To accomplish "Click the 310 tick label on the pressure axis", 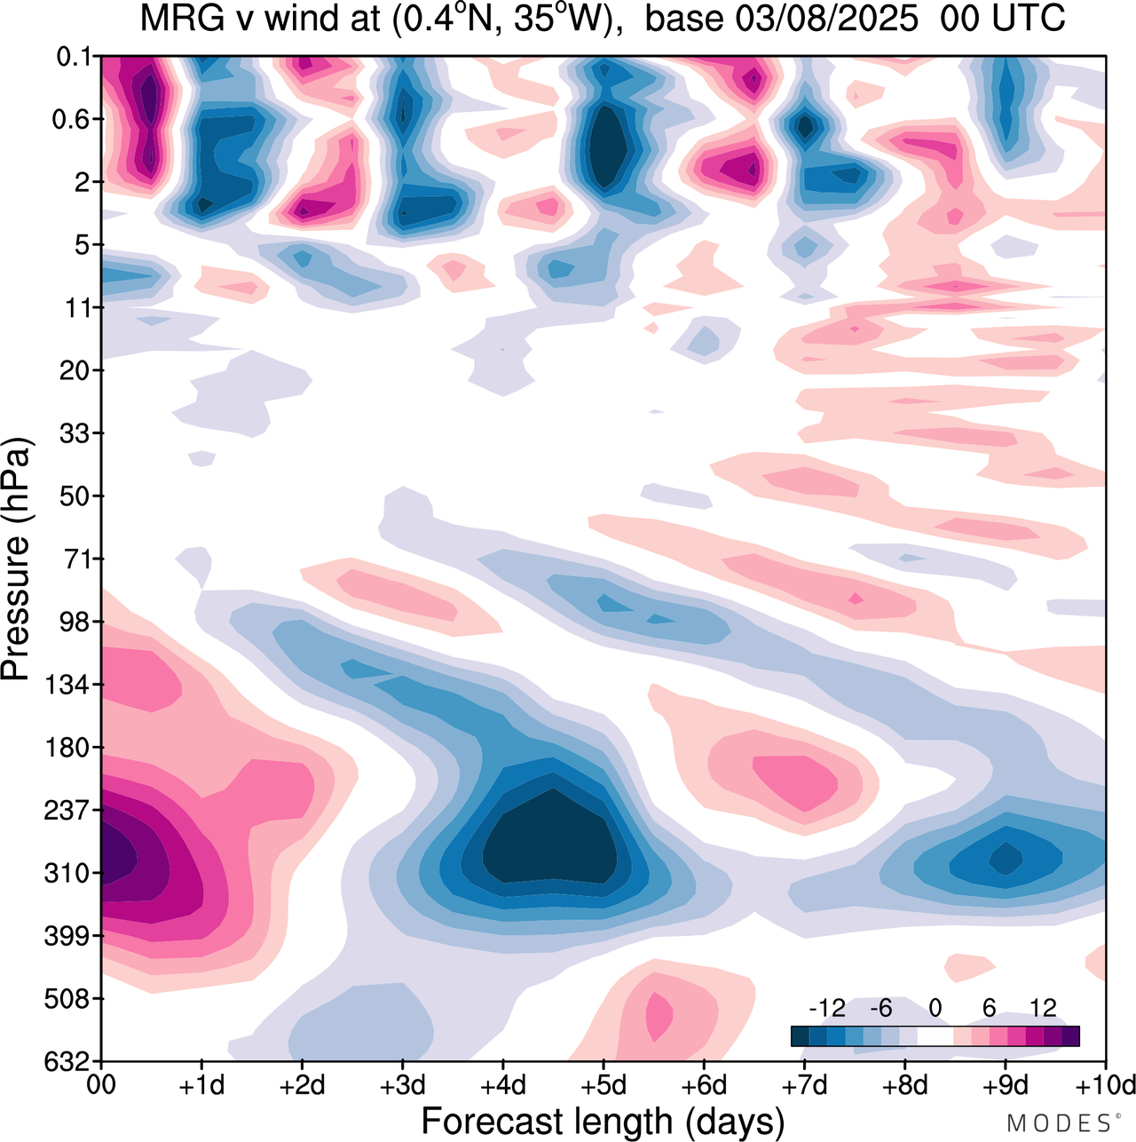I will tap(67, 874).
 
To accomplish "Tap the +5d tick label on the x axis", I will tap(603, 1086).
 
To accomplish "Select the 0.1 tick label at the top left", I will tap(75, 57).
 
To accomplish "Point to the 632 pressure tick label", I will tap(67, 1062).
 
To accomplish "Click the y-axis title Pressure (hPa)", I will tap(18, 559).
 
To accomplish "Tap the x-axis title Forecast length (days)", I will tap(603, 1121).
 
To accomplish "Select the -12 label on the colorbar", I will tap(827, 1008).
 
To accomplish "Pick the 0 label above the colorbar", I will tap(935, 1008).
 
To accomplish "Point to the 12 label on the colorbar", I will tap(1043, 1008).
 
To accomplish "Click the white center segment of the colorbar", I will tap(935, 1036).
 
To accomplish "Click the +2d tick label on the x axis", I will tap(303, 1086).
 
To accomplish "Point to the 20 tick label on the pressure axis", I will tap(75, 370).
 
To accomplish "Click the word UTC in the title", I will tap(1029, 19).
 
